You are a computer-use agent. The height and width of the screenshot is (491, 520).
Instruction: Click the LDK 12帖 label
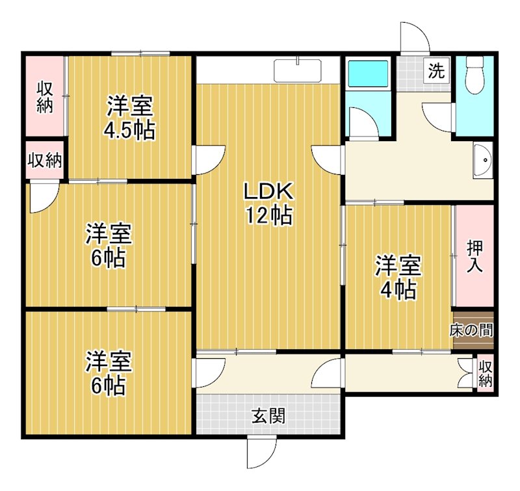click(268, 203)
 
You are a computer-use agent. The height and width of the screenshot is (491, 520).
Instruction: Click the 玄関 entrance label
click(268, 415)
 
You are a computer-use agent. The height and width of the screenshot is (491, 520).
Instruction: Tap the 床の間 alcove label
click(473, 330)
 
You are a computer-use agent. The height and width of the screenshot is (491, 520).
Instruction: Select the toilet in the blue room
click(475, 74)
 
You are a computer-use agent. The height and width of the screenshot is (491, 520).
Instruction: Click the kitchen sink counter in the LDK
click(298, 70)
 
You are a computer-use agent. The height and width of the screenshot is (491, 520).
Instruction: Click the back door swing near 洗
click(413, 39)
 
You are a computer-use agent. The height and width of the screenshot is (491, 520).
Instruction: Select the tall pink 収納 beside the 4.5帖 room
click(44, 96)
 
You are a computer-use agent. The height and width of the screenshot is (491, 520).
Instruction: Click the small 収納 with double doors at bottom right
click(485, 374)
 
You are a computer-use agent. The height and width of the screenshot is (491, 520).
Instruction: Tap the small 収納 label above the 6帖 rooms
click(45, 160)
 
